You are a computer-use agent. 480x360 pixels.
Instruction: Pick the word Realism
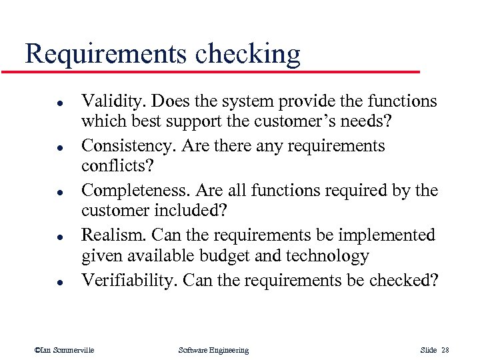pyautogui.click(x=113, y=235)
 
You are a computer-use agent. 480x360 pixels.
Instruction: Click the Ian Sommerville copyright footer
pyautogui.click(x=64, y=350)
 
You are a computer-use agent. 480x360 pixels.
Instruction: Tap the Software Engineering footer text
pyautogui.click(x=213, y=350)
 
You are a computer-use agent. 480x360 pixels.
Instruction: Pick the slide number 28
pyautogui.click(x=445, y=350)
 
